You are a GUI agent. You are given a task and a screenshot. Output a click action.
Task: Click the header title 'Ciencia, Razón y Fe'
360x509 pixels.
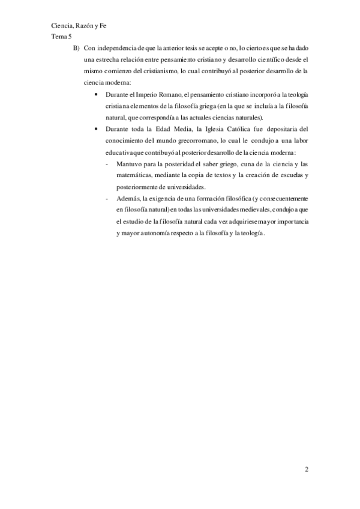(x=79, y=26)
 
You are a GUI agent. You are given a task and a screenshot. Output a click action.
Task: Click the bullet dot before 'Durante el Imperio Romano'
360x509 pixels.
(x=97, y=94)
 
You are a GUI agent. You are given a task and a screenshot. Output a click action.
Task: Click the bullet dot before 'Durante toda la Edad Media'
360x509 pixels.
(x=97, y=129)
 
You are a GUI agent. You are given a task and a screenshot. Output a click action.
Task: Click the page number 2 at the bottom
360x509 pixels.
(x=306, y=469)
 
